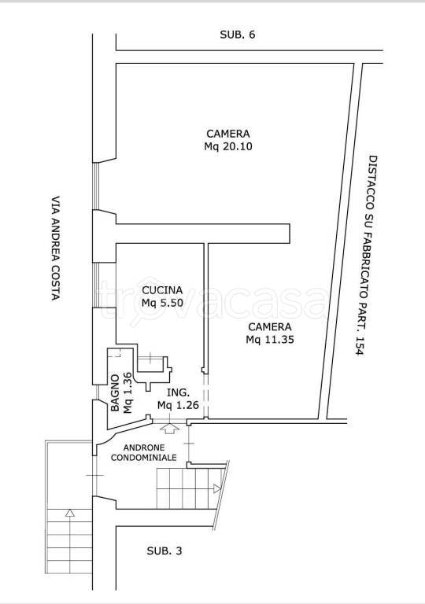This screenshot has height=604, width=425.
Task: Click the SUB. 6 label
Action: coord(238,35)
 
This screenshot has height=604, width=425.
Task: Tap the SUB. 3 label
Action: coord(164,551)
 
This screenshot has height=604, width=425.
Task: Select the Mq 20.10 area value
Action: coord(228,147)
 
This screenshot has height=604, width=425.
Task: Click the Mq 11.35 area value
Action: coord(270,340)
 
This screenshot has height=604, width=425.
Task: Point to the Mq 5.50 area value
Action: coord(162,303)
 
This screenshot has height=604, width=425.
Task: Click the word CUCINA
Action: coord(162,290)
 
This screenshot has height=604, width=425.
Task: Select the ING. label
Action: coord(178,393)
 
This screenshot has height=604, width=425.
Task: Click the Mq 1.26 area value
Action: coord(178,405)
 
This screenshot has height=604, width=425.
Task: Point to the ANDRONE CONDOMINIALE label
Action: coord(144,453)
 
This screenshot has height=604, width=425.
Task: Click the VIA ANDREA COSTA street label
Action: coord(57,249)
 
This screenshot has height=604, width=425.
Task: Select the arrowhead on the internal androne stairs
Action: coord(217,489)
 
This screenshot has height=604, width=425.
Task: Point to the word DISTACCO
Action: coord(372,178)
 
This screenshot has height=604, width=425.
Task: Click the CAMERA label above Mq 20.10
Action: coord(228,134)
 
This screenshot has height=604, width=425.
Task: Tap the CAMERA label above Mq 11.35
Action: coord(270,326)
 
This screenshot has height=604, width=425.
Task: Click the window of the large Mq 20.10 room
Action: coord(96,186)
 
